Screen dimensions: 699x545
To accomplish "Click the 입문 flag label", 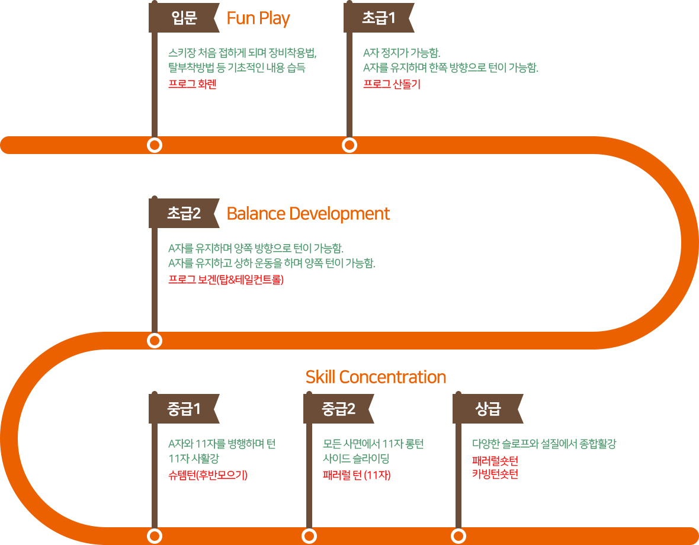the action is click(184, 18).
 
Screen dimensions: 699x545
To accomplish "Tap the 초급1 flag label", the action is click(379, 18).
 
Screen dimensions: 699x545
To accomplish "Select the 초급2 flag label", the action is click(184, 213).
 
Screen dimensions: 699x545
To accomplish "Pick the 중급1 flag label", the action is click(184, 409).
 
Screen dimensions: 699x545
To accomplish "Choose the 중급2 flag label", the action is click(339, 409).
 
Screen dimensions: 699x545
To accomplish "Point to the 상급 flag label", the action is click(488, 409).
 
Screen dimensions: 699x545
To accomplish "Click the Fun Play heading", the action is click(258, 18).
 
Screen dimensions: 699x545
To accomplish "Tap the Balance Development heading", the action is click(308, 214).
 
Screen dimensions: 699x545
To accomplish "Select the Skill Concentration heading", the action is click(376, 377).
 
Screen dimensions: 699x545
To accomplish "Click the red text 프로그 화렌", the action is click(192, 84).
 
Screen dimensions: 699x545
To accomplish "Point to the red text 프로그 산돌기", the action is click(392, 84).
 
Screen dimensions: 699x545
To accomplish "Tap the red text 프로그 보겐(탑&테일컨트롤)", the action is click(226, 280).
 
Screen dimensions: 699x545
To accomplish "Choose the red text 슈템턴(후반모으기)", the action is click(208, 475).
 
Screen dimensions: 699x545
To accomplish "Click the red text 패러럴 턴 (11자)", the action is click(357, 475).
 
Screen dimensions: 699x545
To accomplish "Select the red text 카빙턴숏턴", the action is click(495, 474).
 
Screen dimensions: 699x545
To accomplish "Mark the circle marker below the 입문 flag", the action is click(155, 145).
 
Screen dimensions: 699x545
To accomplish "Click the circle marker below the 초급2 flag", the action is click(155, 341).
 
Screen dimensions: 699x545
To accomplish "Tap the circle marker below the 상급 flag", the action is click(458, 536).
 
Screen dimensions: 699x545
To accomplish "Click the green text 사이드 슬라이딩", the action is click(356, 458).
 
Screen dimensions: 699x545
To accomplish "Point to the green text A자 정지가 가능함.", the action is click(402, 53).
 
